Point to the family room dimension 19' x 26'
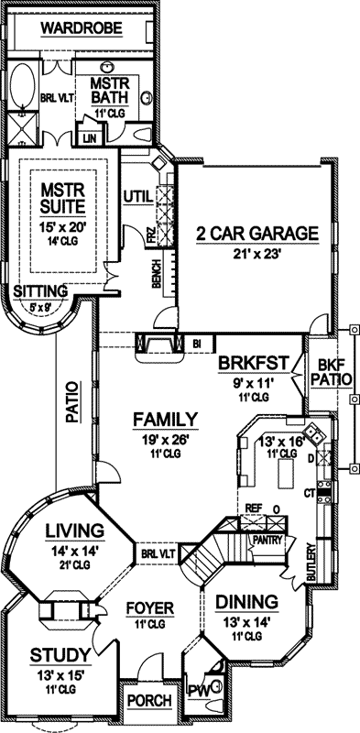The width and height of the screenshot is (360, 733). click(165, 439)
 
